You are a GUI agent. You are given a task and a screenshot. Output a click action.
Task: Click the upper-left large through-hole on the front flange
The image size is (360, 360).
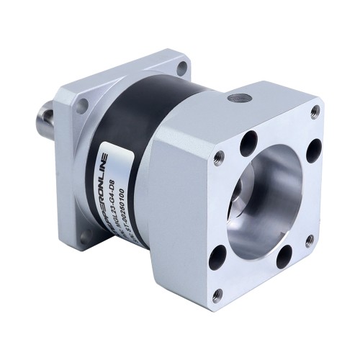[249, 142]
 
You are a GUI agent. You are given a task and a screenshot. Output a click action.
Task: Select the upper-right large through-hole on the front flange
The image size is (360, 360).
[313, 150]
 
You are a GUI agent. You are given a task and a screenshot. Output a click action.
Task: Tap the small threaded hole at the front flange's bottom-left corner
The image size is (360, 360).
[217, 294]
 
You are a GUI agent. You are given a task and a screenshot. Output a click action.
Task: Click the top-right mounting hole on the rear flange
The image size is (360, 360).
[182, 68]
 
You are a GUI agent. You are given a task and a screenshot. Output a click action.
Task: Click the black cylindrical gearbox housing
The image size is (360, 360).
[126, 130]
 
